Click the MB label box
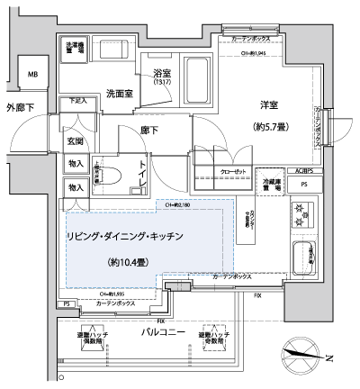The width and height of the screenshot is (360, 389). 32,75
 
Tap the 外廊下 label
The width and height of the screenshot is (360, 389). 19,110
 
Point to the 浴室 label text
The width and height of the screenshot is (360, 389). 162,77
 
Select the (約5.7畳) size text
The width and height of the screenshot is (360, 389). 268,126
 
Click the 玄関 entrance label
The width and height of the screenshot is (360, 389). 74,141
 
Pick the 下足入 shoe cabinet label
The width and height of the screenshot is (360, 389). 74,101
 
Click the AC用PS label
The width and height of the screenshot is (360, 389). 307,171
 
